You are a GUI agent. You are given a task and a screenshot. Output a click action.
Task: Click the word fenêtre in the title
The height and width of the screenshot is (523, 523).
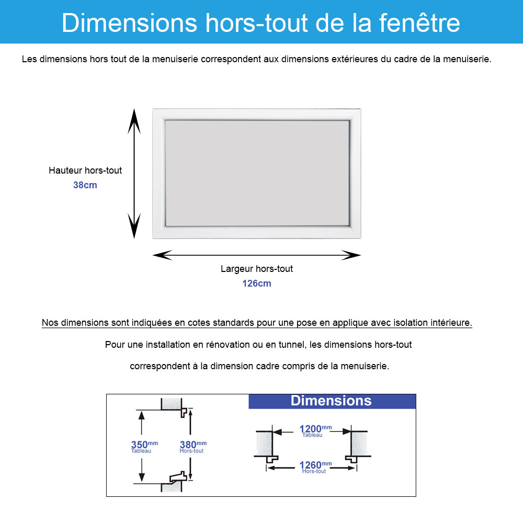click(419, 22)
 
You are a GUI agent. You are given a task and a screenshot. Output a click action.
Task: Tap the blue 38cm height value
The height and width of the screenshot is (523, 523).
click(85, 185)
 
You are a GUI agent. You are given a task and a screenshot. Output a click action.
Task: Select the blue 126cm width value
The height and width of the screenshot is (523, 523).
click(256, 283)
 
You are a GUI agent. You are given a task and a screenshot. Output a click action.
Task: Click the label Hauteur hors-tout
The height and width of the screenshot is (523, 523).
click(85, 170)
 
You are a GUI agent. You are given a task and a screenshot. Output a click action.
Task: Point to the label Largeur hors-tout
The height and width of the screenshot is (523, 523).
click(256, 269)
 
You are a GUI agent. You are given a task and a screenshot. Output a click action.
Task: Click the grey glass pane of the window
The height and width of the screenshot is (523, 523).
click(257, 173)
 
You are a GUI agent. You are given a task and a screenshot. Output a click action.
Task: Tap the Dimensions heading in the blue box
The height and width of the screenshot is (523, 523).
click(331, 401)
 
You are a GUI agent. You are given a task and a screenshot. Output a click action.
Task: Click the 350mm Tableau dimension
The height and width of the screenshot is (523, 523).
click(144, 447)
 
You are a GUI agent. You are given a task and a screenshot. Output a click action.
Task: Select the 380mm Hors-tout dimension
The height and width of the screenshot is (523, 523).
click(193, 447)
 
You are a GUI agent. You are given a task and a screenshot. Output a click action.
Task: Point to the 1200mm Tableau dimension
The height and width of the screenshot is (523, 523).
click(315, 430)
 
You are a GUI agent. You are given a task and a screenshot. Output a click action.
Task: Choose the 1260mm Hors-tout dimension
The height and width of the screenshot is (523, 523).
click(315, 467)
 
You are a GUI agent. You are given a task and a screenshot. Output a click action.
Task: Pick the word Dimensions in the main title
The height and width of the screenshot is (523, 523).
click(129, 22)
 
